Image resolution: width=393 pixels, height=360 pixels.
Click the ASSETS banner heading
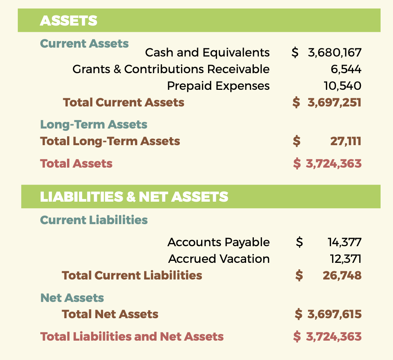[69, 21]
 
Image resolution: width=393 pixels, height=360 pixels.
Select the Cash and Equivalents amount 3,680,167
[334, 53]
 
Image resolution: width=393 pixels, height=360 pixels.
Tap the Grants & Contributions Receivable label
[171, 69]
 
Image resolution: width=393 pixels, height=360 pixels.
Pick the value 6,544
[346, 70]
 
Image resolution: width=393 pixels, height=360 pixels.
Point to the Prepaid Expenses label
[218, 86]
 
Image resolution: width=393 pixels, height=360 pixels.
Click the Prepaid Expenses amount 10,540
[342, 86]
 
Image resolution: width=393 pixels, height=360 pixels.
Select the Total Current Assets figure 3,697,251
[334, 103]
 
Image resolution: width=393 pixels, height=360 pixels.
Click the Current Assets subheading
[84, 43]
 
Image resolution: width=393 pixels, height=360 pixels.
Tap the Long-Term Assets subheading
[94, 125]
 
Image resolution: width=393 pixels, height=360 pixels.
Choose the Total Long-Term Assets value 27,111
[346, 141]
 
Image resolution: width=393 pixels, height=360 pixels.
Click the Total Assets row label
[76, 164]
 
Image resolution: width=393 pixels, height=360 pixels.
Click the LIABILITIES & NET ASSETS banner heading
[134, 197]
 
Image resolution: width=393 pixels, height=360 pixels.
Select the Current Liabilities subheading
[94, 220]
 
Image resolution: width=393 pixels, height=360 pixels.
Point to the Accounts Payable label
[219, 242]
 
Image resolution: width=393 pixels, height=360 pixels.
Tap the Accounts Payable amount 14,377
[345, 243]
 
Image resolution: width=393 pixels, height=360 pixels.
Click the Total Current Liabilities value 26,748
[342, 276]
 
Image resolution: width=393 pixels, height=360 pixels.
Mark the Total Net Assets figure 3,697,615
[334, 314]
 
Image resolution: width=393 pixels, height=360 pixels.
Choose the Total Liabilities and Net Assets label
[132, 337]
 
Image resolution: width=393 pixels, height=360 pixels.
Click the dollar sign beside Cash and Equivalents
[295, 53]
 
